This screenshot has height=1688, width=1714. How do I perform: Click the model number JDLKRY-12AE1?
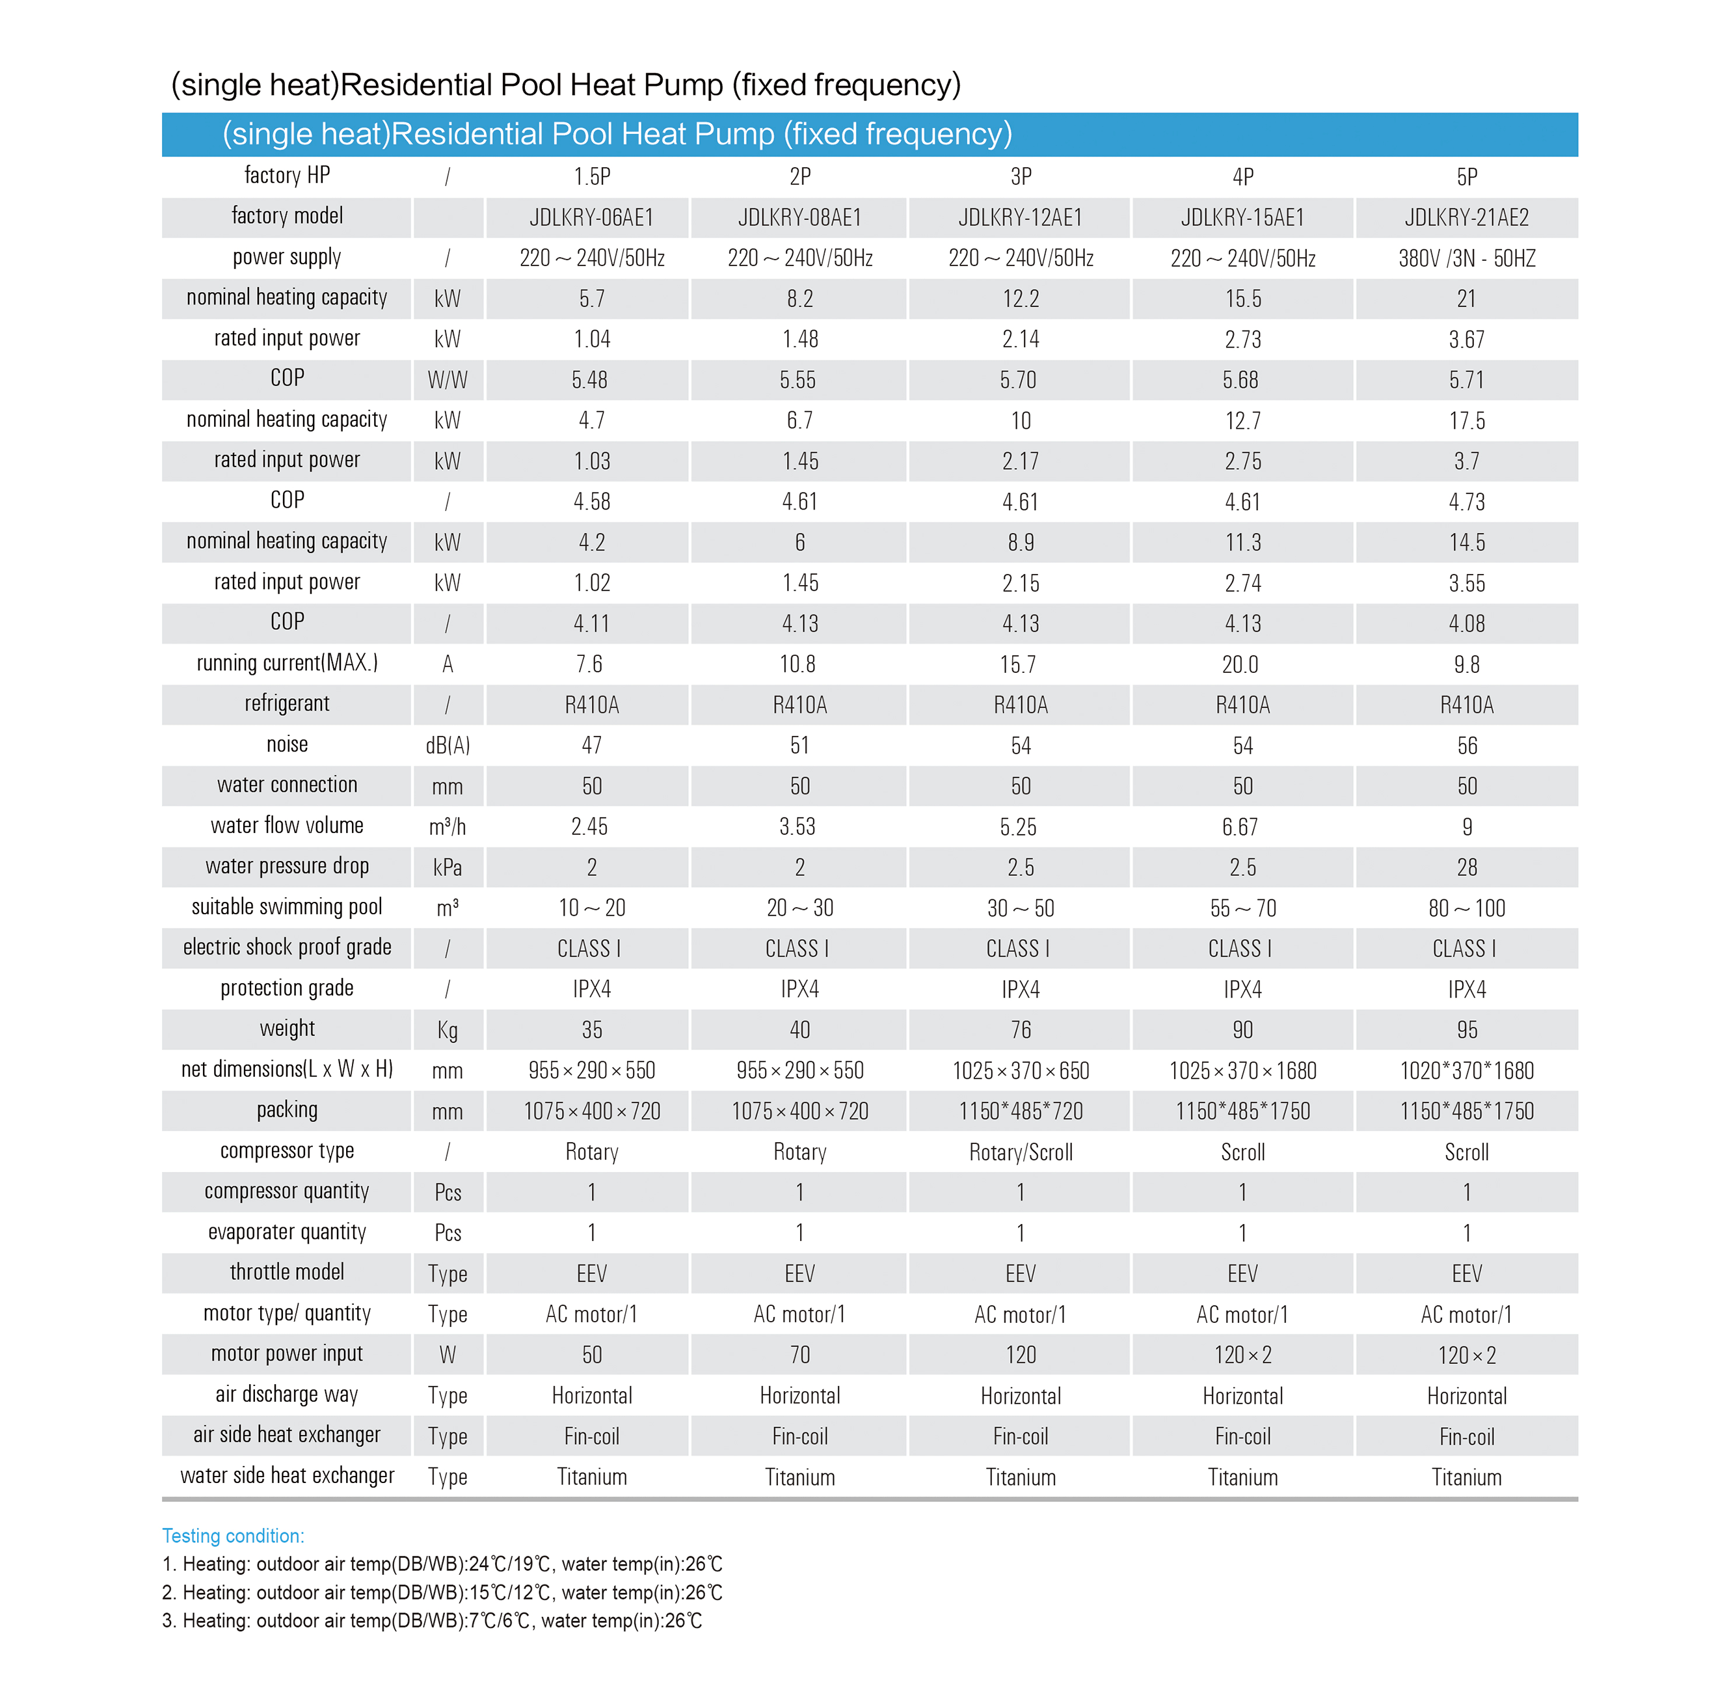(x=1020, y=217)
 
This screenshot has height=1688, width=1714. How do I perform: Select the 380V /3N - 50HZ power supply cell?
(x=1467, y=258)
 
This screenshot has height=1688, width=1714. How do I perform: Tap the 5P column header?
(x=1467, y=176)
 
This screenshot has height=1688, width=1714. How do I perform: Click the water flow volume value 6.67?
(x=1240, y=827)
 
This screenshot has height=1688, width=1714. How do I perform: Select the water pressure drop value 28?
(x=1467, y=867)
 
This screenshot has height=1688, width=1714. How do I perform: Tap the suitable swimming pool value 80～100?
(x=1467, y=908)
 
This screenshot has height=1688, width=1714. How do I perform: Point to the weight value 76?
(x=1020, y=1029)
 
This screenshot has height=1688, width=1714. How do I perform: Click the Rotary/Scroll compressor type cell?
(x=1020, y=1152)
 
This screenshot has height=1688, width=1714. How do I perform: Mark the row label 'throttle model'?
(x=286, y=1272)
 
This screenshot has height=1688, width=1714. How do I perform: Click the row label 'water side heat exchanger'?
(x=286, y=1475)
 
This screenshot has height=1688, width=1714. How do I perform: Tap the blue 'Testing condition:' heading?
(x=233, y=1536)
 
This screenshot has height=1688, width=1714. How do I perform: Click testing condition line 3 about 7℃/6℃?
(x=432, y=1620)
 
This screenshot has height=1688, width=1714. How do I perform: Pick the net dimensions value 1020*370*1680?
(x=1467, y=1070)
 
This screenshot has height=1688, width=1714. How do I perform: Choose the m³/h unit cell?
(x=448, y=826)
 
